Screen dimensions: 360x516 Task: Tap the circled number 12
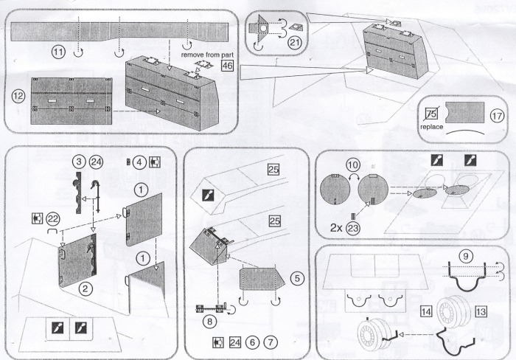tap(20, 97)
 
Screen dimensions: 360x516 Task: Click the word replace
tap(435, 127)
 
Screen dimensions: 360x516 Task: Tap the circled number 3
tap(77, 161)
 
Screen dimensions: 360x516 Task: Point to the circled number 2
tap(86, 289)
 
